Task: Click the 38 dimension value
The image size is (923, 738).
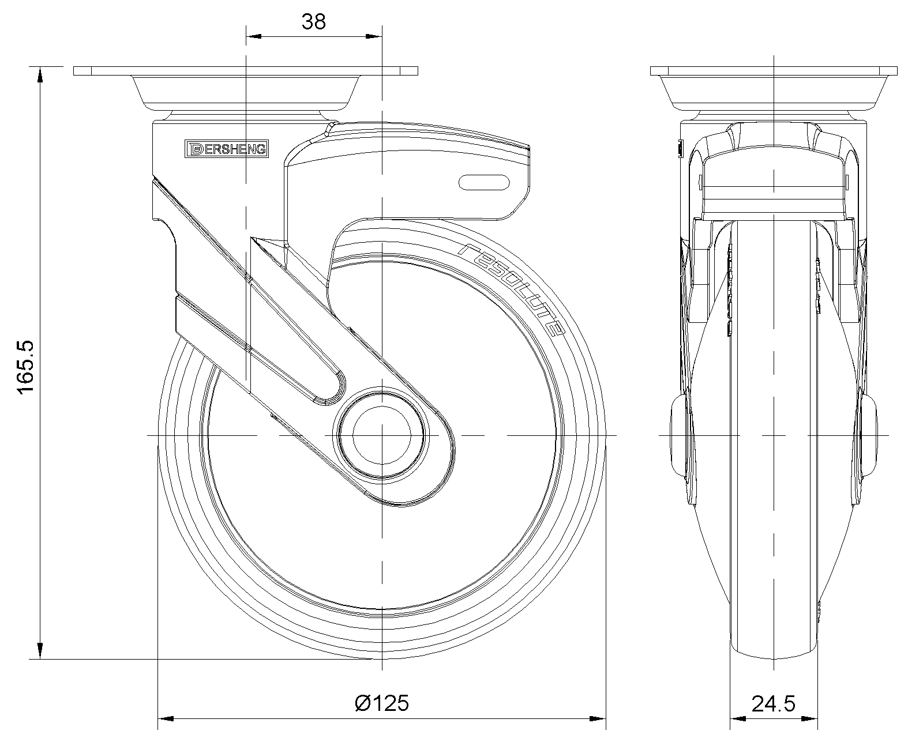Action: pos(313,21)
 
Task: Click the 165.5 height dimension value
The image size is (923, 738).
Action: pos(26,367)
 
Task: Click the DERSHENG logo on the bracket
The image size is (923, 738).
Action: pos(227,149)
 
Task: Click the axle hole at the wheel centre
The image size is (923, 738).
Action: pos(382,436)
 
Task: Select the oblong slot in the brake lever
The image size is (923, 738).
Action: pos(484,182)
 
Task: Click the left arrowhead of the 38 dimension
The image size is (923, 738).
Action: pos(253,36)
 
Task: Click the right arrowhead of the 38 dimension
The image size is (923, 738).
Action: pos(374,36)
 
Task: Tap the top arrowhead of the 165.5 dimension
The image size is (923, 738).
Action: pos(40,74)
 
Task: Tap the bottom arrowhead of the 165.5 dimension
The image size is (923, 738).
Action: pos(40,651)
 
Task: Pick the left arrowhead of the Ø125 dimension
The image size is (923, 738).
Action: pos(166,718)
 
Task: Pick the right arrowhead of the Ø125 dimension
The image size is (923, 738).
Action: pos(598,718)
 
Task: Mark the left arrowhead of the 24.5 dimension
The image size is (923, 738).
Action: pos(738,718)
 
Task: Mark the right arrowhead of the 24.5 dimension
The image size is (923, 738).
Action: pos(810,718)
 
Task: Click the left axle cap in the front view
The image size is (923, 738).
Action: pos(678,435)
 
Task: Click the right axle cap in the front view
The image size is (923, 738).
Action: pos(869,435)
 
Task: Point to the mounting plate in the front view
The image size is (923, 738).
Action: pos(774,71)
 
